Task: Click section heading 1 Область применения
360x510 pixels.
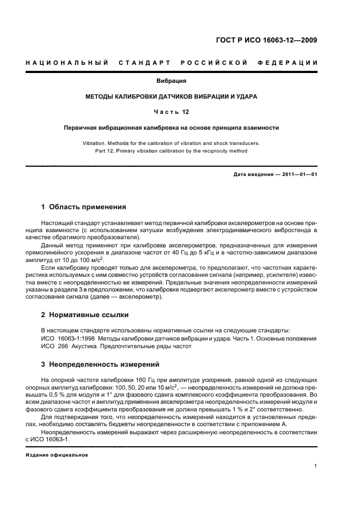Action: (84, 207)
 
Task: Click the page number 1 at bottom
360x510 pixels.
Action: (316, 466)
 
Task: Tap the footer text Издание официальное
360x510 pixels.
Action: (57, 454)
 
